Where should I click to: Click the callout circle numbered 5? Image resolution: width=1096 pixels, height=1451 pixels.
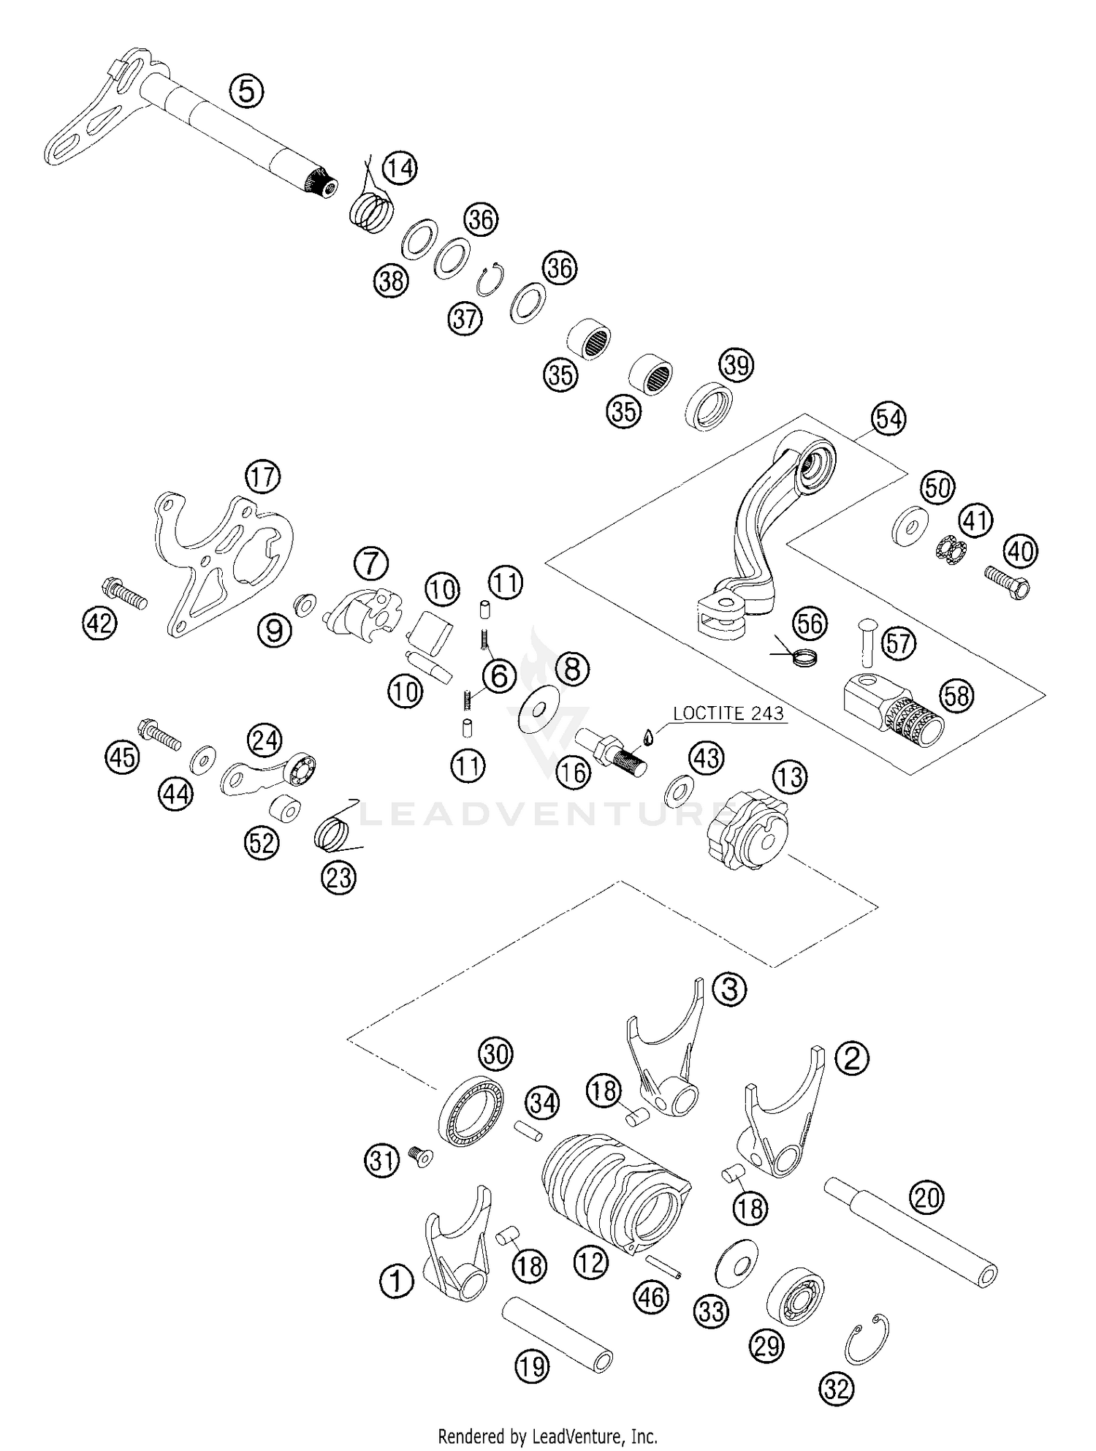point(246,92)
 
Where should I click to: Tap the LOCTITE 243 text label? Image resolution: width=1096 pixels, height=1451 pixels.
point(728,713)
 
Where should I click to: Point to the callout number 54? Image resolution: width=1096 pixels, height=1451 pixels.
point(888,420)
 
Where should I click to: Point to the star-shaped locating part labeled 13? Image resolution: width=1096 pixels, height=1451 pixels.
point(749,834)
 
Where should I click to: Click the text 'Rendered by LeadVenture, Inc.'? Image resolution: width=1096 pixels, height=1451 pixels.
point(547,1435)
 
